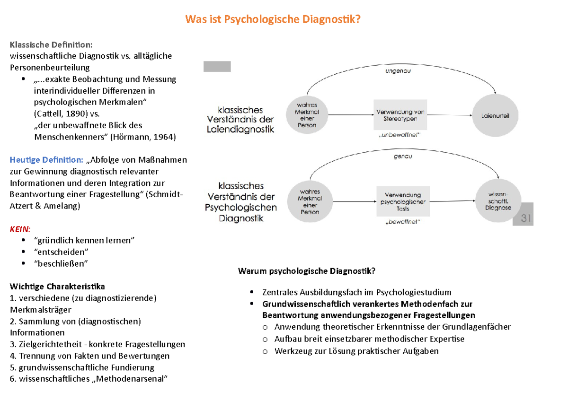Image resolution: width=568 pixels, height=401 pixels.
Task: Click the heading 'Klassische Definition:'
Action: pos(51,44)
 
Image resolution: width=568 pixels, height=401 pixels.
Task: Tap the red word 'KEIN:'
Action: pos(20,229)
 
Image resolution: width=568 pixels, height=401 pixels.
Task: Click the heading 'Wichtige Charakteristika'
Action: pos(57,287)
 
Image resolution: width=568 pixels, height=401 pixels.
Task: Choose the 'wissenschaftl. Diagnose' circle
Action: pos(500,201)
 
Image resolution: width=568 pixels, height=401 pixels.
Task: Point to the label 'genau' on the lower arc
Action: pos(402,156)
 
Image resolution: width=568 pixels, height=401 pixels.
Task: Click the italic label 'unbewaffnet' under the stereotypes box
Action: pos(399,136)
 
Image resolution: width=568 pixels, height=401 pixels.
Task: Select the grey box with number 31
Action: pos(523,218)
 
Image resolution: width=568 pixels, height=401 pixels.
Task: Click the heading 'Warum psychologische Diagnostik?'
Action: pos(307,271)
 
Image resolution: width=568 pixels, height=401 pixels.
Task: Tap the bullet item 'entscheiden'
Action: pos(61,252)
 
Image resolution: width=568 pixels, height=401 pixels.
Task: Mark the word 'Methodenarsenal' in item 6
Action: pos(129,379)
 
